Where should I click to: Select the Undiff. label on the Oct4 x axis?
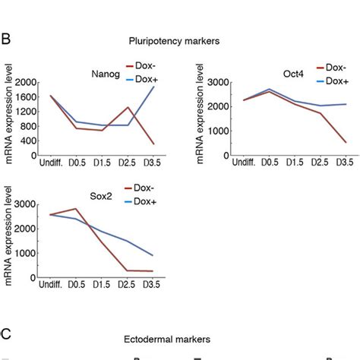(244, 163)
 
